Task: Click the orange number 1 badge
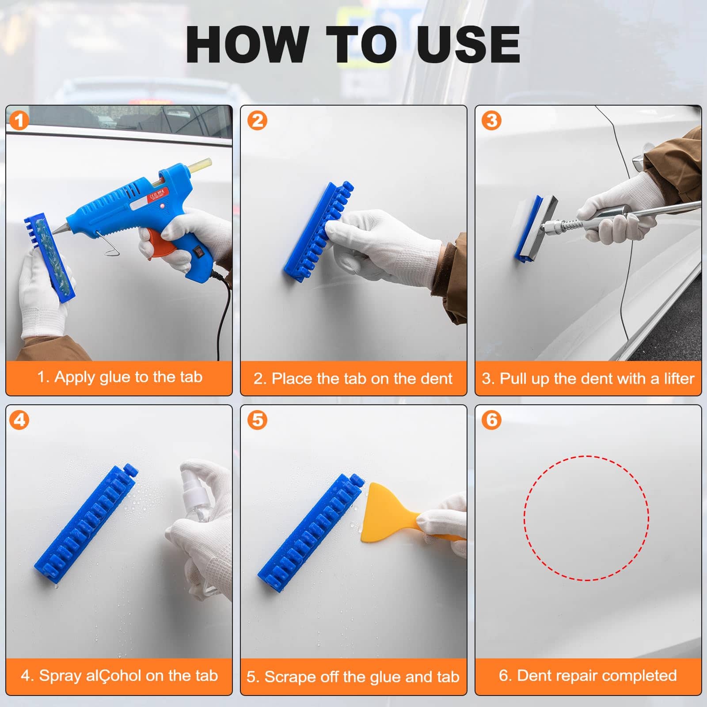click(x=19, y=121)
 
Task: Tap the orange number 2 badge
click(x=258, y=120)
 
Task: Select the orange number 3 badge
click(x=492, y=120)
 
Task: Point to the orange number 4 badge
click(x=19, y=420)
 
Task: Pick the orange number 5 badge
click(x=258, y=420)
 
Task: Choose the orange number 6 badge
click(x=492, y=420)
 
